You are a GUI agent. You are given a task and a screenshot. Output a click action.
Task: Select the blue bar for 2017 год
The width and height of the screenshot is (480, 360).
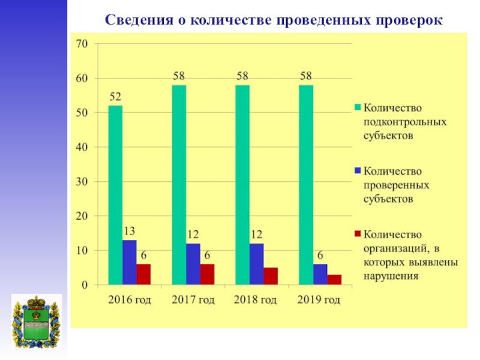pos(193,263)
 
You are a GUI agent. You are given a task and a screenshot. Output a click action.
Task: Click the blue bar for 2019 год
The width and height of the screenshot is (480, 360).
pos(320,274)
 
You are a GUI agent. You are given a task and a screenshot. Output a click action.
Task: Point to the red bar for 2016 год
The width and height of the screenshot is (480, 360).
pos(143,274)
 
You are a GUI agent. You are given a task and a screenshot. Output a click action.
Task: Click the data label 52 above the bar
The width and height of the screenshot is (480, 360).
pos(115,97)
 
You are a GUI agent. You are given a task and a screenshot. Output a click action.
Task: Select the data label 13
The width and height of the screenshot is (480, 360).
pos(130,231)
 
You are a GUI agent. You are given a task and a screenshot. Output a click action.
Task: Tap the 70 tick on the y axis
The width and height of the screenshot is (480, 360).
pos(82,44)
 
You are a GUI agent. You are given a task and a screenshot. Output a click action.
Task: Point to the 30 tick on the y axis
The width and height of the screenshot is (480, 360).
pos(82,181)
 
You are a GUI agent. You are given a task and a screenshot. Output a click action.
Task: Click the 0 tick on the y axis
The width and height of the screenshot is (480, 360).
pos(85,284)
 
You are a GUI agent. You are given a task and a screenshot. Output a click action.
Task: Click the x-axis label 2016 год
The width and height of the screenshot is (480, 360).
pos(130,299)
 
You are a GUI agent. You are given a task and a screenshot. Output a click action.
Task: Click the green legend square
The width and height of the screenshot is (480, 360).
pos(358,107)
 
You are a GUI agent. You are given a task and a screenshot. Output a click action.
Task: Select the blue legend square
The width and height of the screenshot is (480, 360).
pos(358,170)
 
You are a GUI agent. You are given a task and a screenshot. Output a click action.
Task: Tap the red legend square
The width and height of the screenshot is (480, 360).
pos(358,233)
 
